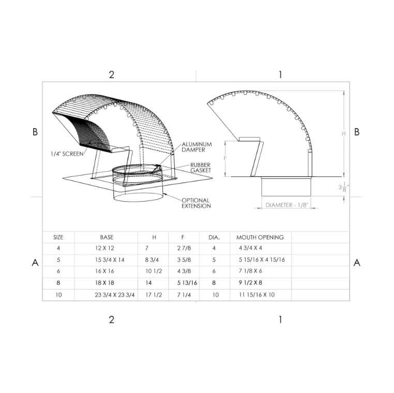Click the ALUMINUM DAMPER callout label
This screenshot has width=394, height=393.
pyautogui.click(x=197, y=147)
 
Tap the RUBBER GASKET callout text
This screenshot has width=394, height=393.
pyautogui.click(x=201, y=168)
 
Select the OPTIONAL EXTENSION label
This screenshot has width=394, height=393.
pyautogui.click(x=196, y=203)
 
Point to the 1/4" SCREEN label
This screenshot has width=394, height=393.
pyautogui.click(x=67, y=154)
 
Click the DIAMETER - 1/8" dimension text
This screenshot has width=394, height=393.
pyautogui.click(x=286, y=205)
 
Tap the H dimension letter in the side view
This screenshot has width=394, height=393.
pyautogui.click(x=344, y=134)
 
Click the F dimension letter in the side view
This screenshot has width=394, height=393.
pyautogui.click(x=225, y=159)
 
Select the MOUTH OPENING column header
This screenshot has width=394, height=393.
pyautogui.click(x=260, y=237)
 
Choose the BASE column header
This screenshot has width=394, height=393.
pyautogui.click(x=107, y=237)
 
